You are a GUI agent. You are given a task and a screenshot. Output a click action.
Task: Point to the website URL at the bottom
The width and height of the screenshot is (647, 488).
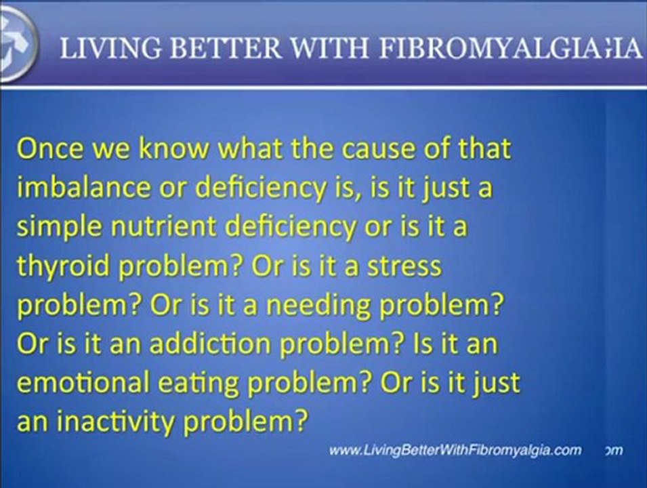coord(455,450)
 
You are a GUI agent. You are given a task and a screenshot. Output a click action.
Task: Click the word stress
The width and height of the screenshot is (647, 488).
coord(406,266)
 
